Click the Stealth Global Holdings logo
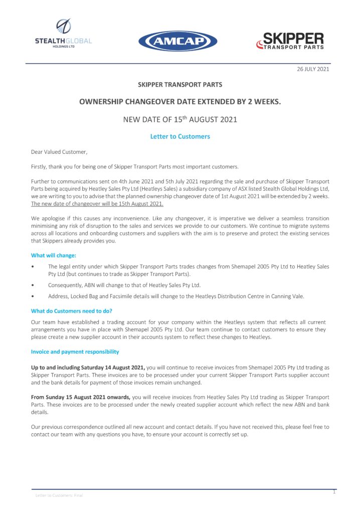click(x=63, y=33)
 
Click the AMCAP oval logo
click(x=177, y=41)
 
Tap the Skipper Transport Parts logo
click(x=290, y=41)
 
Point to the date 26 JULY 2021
click(x=313, y=69)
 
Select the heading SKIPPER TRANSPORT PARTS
click(x=180, y=85)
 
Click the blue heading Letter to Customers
click(x=180, y=136)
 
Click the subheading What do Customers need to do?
click(x=72, y=311)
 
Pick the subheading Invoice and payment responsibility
click(x=75, y=352)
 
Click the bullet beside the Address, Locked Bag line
click(x=33, y=296)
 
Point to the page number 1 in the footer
click(x=334, y=492)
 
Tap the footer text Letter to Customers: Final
click(x=59, y=495)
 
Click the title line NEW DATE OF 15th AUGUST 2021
click(x=180, y=120)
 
